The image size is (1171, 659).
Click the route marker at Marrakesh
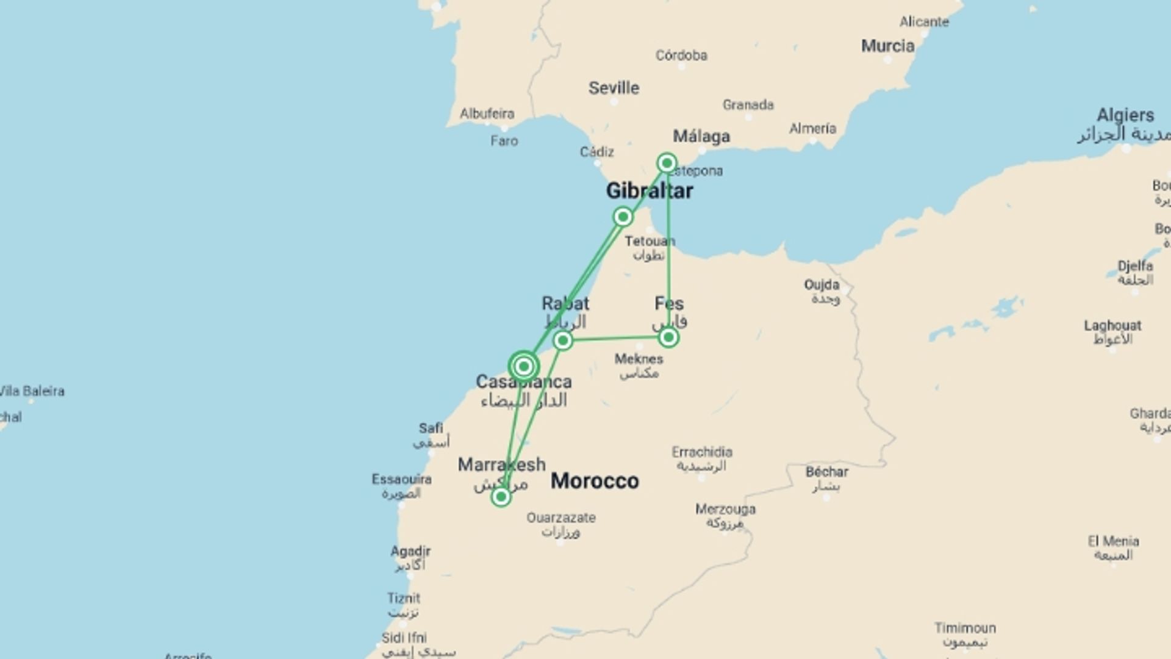(x=501, y=497)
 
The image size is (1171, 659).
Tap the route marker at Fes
(x=668, y=337)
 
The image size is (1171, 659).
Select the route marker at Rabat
(x=563, y=340)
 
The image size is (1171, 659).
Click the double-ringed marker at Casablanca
(x=523, y=366)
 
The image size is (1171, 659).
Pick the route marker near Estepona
(x=667, y=163)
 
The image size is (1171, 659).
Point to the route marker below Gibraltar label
(x=623, y=217)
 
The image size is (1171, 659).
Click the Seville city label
(x=614, y=88)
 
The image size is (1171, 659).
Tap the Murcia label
(x=887, y=46)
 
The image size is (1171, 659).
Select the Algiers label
(x=1125, y=115)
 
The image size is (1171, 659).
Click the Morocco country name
(x=595, y=481)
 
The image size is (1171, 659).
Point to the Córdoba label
(x=681, y=56)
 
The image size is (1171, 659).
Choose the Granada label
(x=748, y=105)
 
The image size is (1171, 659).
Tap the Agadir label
(x=410, y=551)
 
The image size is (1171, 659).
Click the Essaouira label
(x=401, y=480)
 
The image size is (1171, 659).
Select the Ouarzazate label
(x=561, y=517)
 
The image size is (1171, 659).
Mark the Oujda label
(x=822, y=284)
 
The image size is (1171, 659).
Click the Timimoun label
(x=965, y=628)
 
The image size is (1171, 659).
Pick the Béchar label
(x=826, y=472)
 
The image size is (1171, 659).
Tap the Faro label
(x=504, y=141)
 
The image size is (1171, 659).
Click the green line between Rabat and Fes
(x=616, y=338)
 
